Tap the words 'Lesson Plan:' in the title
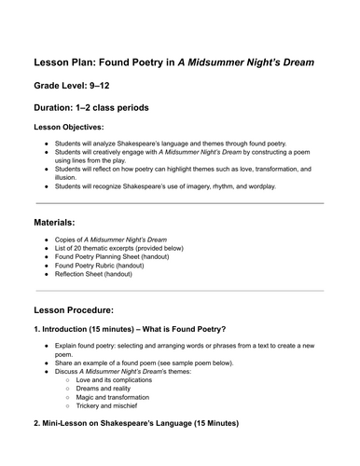pyautogui.click(x=76, y=62)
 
